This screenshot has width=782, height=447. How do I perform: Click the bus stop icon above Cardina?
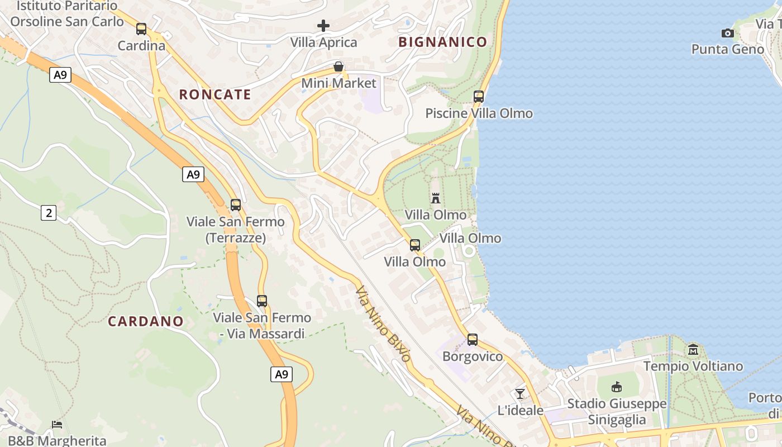click(x=141, y=29)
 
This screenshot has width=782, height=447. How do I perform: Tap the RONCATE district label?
click(x=215, y=94)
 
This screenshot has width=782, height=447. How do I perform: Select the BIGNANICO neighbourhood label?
click(x=442, y=42)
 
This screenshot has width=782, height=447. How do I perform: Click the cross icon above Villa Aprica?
click(x=323, y=26)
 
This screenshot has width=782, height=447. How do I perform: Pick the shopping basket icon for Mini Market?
click(x=338, y=67)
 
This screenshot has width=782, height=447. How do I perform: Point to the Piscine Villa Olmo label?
click(x=479, y=113)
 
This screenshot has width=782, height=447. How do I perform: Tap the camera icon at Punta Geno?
click(x=727, y=34)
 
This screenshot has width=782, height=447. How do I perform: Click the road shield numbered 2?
click(x=49, y=212)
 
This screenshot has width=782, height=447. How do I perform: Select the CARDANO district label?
click(x=146, y=321)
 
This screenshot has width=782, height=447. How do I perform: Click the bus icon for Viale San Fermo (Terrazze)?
click(x=236, y=205)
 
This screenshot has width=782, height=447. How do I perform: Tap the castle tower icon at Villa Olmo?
click(x=436, y=198)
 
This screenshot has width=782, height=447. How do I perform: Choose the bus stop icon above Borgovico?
click(x=473, y=340)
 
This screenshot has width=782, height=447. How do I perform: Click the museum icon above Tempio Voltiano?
click(x=693, y=350)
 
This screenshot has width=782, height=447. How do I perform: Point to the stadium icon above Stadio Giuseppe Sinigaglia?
click(x=617, y=387)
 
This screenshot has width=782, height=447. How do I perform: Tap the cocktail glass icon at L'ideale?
click(x=520, y=394)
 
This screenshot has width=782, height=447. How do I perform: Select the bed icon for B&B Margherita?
click(x=57, y=425)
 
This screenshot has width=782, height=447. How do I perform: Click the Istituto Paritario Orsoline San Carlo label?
click(x=67, y=14)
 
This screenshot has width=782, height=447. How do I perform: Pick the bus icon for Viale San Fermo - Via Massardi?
click(x=262, y=301)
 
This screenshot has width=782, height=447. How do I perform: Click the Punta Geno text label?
click(x=727, y=49)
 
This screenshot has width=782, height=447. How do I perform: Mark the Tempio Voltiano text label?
click(x=693, y=367)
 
